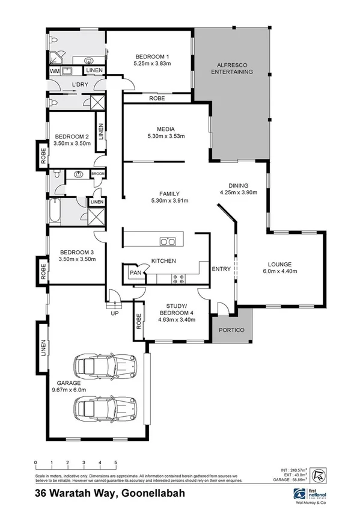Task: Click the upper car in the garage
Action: [105, 365]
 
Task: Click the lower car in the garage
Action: [105, 409]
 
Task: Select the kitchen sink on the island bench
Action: [167, 242]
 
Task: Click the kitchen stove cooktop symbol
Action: [179, 278]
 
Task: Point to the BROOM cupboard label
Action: [98, 174]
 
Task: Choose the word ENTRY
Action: [221, 269]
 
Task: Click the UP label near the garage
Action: [112, 313]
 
